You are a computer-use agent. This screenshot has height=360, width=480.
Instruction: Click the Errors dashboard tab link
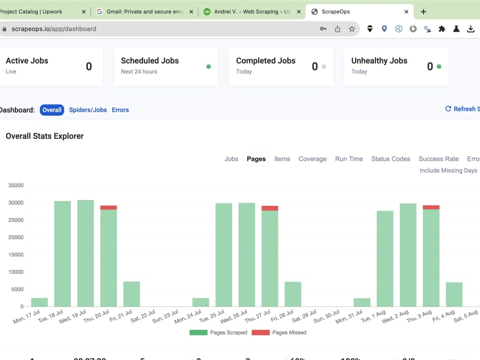(x=120, y=110)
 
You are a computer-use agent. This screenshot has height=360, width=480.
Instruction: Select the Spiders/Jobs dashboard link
(x=88, y=110)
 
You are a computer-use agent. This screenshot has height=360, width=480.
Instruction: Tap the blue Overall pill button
(x=52, y=110)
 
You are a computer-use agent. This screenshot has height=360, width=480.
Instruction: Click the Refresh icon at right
(x=448, y=109)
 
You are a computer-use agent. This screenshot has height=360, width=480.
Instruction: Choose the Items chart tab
(x=282, y=159)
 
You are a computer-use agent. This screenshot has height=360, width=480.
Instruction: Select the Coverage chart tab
(x=312, y=159)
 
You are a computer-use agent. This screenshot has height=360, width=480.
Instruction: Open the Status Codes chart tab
(x=391, y=159)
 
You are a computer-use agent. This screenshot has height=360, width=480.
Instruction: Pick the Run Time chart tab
(x=349, y=159)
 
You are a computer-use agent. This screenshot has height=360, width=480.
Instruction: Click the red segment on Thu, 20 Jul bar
(x=108, y=208)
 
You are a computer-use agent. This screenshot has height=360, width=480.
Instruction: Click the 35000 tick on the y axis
(x=16, y=185)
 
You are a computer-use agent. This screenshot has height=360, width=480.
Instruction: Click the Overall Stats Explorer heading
(x=45, y=136)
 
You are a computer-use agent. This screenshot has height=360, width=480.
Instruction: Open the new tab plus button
(x=423, y=12)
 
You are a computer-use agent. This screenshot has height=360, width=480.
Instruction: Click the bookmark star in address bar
(x=352, y=29)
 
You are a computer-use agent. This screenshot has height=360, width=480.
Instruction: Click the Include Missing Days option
(x=448, y=170)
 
